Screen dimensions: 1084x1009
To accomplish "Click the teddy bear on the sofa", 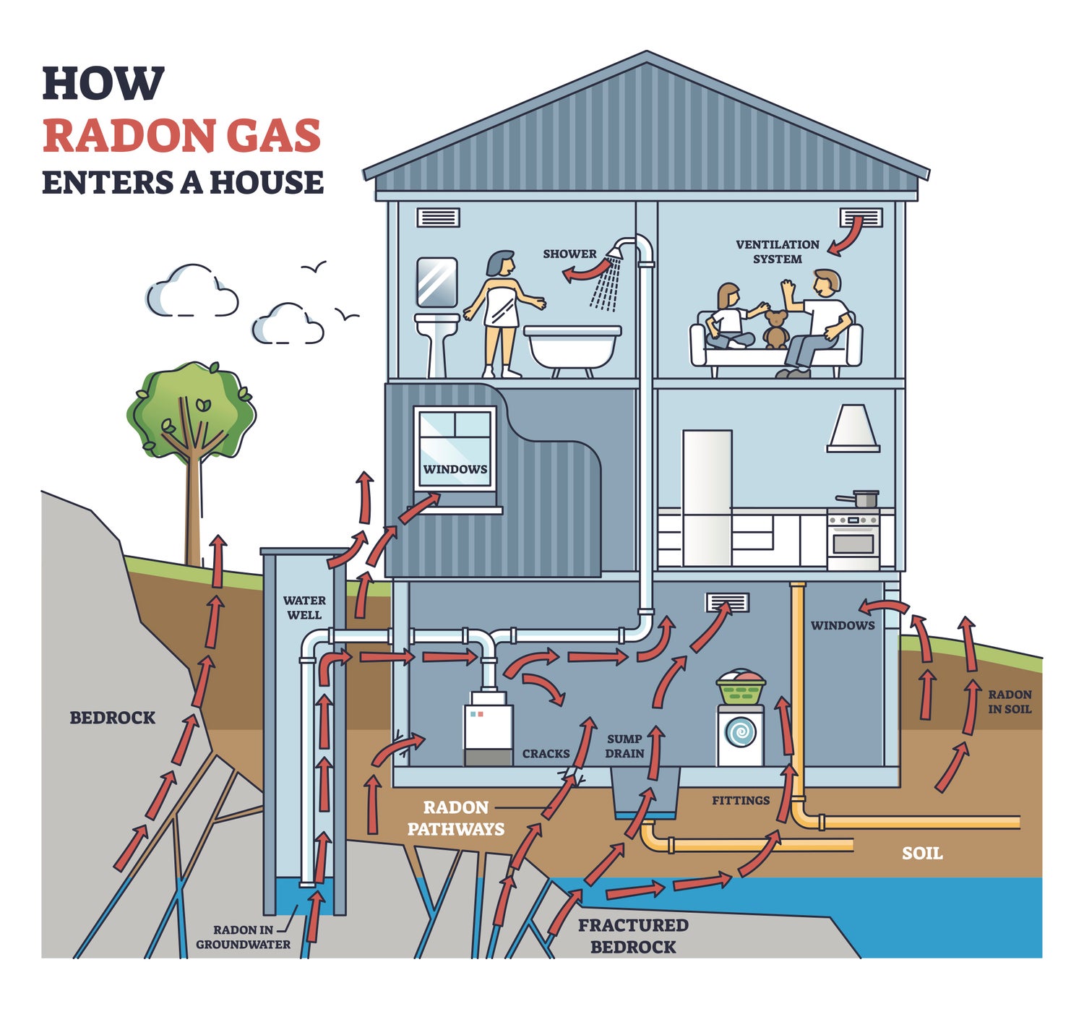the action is coord(775,330).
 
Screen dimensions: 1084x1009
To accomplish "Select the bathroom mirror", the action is coord(436,283).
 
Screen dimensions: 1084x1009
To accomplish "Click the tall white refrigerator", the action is coord(707,497).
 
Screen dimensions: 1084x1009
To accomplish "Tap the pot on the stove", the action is coord(859,499).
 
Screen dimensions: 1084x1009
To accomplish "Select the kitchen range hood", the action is coord(853,429).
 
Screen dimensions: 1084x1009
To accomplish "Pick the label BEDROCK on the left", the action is coord(113,718).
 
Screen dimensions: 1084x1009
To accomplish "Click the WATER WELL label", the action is coord(304,607).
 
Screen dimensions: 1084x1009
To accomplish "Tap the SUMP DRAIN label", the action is coord(625,746).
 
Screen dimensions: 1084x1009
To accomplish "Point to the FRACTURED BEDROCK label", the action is coord(633,936).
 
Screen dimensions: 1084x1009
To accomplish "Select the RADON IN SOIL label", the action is coord(1010,702).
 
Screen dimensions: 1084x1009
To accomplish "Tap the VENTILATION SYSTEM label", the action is coord(778,252).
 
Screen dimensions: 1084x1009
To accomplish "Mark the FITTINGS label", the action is coord(741,800).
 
